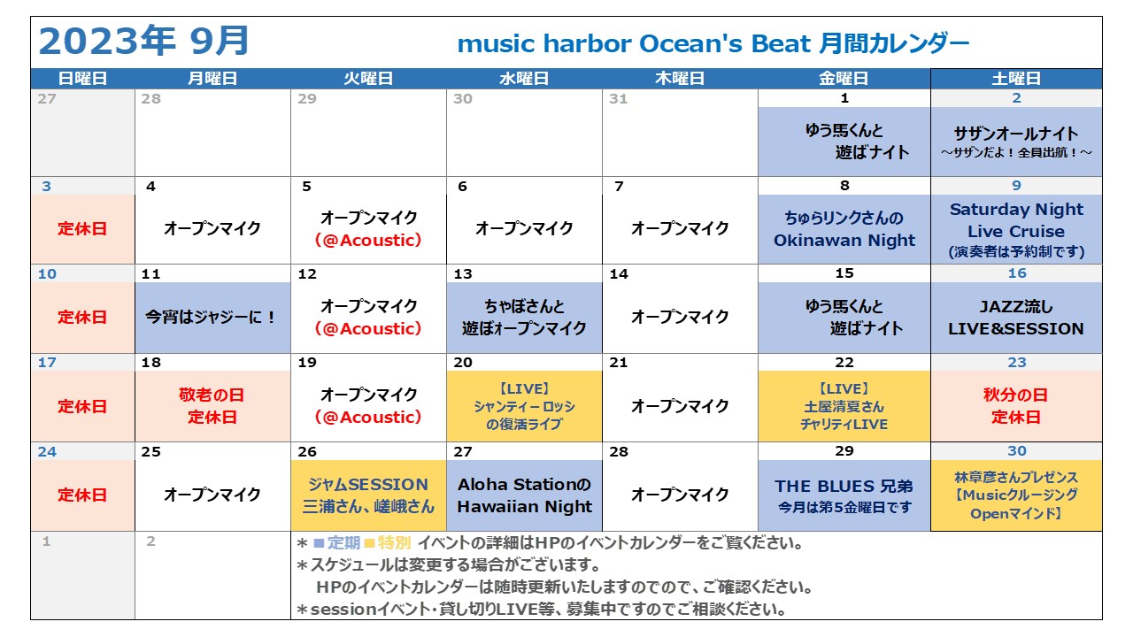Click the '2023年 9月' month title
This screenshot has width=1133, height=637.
click(x=144, y=42)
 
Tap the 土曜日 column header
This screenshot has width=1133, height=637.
click(x=1016, y=79)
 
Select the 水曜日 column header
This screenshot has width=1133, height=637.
click(x=524, y=79)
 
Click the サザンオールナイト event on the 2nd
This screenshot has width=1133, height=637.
click(x=1016, y=142)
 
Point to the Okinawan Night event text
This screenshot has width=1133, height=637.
click(x=844, y=229)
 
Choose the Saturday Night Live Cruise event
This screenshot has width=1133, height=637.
click(x=1016, y=230)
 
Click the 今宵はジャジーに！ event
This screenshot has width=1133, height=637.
click(x=212, y=318)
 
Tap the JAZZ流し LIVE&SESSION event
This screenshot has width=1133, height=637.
click(x=1016, y=318)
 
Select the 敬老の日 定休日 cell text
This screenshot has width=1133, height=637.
click(x=212, y=406)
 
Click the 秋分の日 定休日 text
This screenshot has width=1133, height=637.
click(x=1016, y=406)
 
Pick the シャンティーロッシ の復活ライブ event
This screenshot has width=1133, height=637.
click(x=524, y=406)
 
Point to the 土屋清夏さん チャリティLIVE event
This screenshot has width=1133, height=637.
click(x=844, y=406)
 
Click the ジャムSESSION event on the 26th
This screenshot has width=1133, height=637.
click(x=368, y=495)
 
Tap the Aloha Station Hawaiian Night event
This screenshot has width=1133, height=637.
click(x=524, y=495)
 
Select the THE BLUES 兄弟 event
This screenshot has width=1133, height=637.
click(x=844, y=496)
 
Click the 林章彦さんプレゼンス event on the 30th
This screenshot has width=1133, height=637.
click(x=1016, y=495)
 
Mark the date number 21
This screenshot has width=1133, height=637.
click(x=619, y=363)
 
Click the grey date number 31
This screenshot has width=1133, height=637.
click(x=619, y=98)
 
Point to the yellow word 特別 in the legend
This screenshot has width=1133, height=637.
click(x=394, y=543)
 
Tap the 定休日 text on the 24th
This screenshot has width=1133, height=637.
click(x=82, y=495)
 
